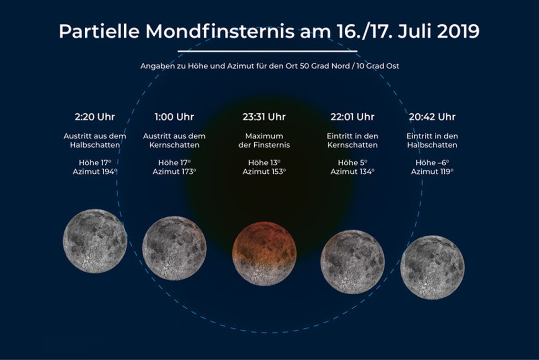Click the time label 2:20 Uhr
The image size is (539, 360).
[95, 117]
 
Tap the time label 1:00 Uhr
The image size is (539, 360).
[174, 117]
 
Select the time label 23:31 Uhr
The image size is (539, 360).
[264, 117]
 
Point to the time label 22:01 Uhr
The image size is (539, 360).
[352, 117]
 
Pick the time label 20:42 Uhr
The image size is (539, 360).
[432, 117]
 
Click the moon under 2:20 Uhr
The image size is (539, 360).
[95, 241]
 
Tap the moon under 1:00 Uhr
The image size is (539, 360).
[174, 248]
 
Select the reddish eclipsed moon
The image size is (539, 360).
[264, 253]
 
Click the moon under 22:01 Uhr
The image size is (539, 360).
[352, 262]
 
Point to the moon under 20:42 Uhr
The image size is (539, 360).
[432, 267]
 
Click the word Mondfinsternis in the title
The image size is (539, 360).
[220, 31]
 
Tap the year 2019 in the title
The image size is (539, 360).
[458, 31]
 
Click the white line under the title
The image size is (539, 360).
[267, 51]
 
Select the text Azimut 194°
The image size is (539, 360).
[95, 172]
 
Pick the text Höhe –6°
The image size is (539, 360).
[432, 163]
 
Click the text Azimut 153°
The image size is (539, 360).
[264, 172]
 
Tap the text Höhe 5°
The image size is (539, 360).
[352, 163]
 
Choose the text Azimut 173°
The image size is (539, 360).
[174, 172]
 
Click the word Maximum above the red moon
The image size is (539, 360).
[264, 136]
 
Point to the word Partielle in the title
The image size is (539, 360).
[99, 31]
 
